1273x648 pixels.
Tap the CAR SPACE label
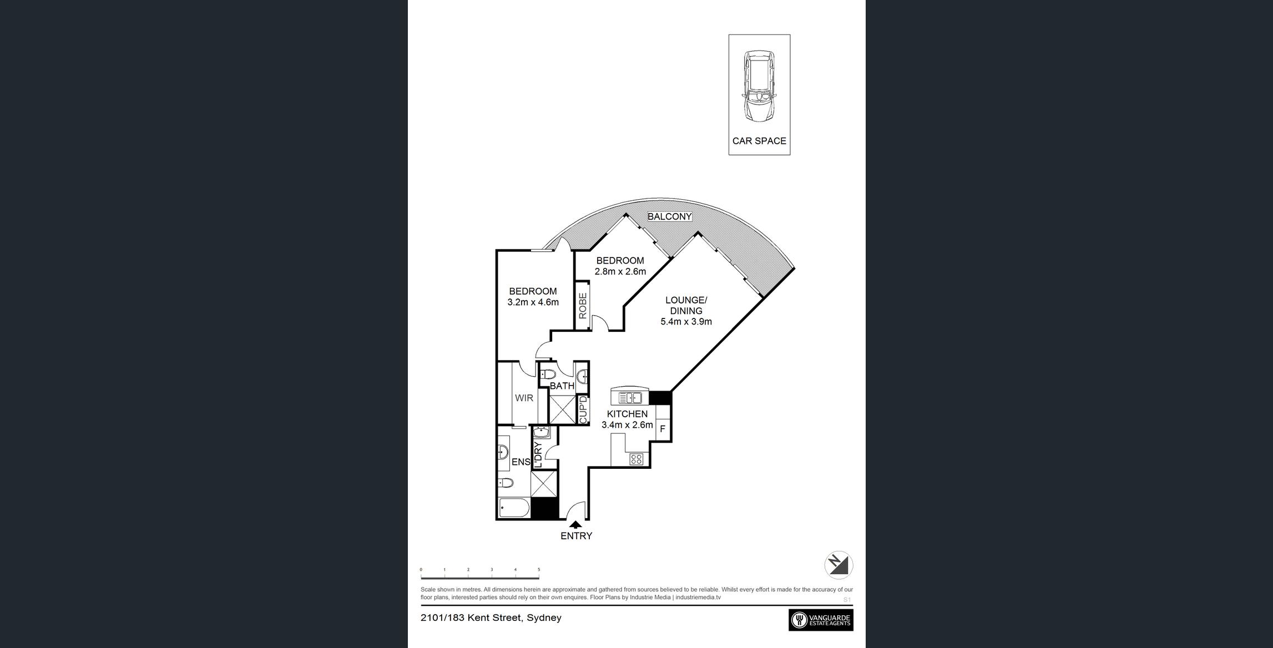pyautogui.click(x=759, y=141)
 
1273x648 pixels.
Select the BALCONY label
pyautogui.click(x=670, y=216)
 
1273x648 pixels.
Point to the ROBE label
pyautogui.click(x=583, y=305)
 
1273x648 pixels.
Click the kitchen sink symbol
pyautogui.click(x=630, y=398)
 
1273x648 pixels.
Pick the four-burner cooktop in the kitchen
pyautogui.click(x=636, y=459)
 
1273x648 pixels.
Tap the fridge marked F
pyautogui.click(x=663, y=429)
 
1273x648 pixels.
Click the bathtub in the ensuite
pyautogui.click(x=514, y=508)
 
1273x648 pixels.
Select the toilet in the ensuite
pyautogui.click(x=504, y=483)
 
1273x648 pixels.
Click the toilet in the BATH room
pyautogui.click(x=547, y=374)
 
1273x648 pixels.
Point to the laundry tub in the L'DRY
pyautogui.click(x=541, y=432)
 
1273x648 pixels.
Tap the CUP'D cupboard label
pyautogui.click(x=583, y=409)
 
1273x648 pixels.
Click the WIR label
pyautogui.click(x=524, y=398)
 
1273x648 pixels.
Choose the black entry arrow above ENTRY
pyautogui.click(x=576, y=524)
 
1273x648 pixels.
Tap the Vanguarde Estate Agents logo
pyautogui.click(x=821, y=620)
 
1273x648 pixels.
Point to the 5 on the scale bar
pyautogui.click(x=538, y=569)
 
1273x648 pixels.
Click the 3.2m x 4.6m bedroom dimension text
pyautogui.click(x=533, y=302)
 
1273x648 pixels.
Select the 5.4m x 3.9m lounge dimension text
pyautogui.click(x=686, y=321)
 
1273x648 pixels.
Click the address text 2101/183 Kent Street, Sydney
pyautogui.click(x=491, y=617)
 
